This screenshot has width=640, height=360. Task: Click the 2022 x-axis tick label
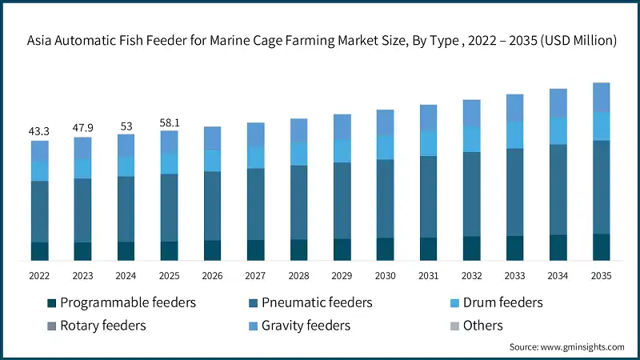point(39,275)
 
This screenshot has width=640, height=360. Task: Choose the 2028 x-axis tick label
point(298,275)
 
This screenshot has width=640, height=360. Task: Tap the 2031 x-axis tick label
point(428,275)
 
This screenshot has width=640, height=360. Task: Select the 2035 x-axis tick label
point(601,275)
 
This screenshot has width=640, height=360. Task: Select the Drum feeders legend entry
point(497,302)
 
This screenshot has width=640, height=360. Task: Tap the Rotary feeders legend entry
point(96,325)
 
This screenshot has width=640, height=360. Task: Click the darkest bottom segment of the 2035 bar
point(601,246)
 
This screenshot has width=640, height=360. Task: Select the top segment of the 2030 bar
point(385,122)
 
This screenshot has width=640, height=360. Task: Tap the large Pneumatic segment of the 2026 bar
point(212,206)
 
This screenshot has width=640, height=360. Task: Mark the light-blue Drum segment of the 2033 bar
point(514,134)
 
